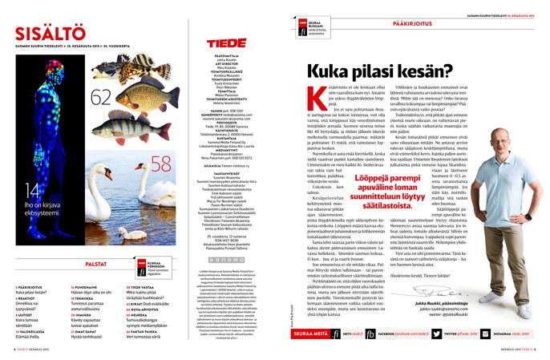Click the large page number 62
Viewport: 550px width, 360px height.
click(101, 97)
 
